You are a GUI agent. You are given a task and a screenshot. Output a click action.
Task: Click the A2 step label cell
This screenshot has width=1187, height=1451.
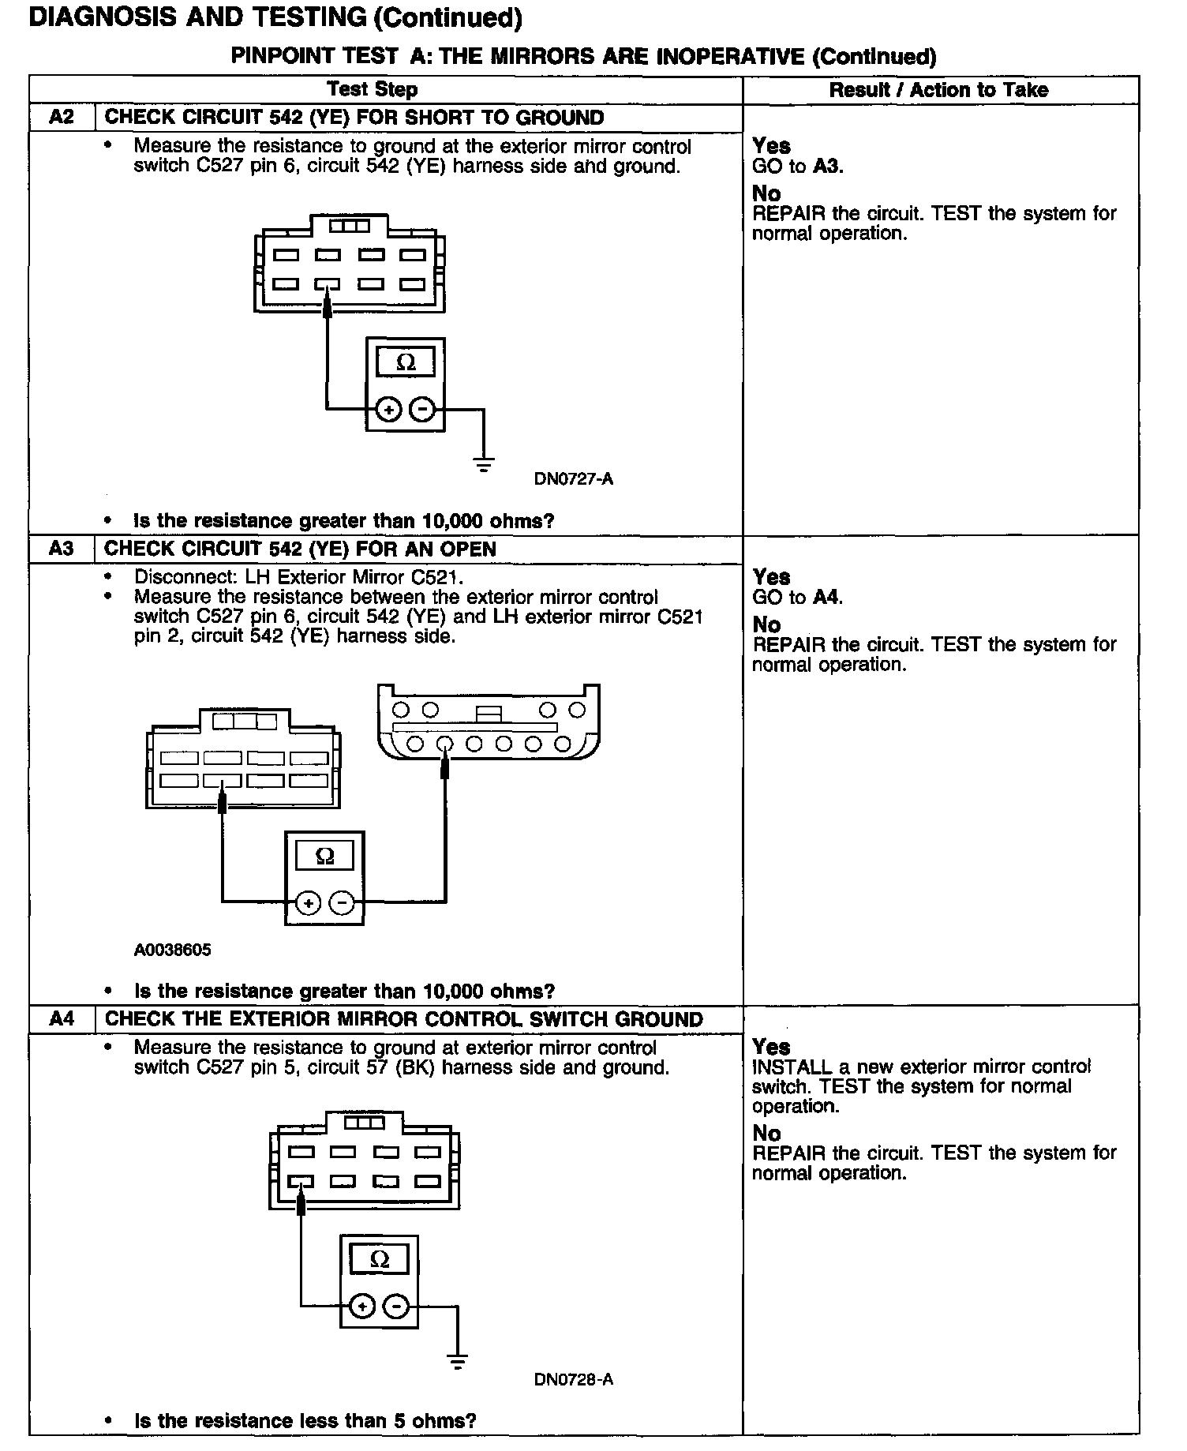62,118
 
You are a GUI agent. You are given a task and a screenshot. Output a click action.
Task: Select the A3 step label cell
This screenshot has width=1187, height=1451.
62,549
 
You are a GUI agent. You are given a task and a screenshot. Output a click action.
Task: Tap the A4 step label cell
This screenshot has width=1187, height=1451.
62,1018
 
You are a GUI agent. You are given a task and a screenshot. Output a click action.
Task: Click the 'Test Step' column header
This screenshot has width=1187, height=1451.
373,89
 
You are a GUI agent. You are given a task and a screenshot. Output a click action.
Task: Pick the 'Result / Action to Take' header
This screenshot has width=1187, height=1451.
938,89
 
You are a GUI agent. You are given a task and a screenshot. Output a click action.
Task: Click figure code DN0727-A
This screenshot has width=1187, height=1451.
574,478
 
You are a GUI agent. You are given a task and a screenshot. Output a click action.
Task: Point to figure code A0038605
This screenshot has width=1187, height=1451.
173,950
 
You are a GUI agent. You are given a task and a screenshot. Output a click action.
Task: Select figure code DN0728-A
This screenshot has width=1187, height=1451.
574,1379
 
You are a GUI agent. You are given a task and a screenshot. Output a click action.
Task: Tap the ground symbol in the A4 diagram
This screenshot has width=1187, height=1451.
457,1362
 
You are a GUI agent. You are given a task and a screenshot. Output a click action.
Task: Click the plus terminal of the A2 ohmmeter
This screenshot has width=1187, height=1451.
388,410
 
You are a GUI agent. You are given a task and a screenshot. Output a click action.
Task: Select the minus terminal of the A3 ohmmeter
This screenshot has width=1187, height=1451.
342,903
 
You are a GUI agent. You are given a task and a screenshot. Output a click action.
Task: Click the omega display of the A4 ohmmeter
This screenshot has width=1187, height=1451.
380,1260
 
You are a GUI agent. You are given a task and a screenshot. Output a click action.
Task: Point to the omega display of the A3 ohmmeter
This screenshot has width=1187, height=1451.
324,857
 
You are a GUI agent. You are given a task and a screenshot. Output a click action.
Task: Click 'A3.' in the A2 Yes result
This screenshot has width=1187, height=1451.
828,167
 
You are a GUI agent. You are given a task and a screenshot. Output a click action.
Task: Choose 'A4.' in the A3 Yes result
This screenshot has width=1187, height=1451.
828,598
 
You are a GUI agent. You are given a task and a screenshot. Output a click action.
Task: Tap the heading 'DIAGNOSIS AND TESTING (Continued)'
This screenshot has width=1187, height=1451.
275,17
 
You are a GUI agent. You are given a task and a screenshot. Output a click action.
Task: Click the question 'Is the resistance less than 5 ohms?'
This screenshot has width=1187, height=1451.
305,1421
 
